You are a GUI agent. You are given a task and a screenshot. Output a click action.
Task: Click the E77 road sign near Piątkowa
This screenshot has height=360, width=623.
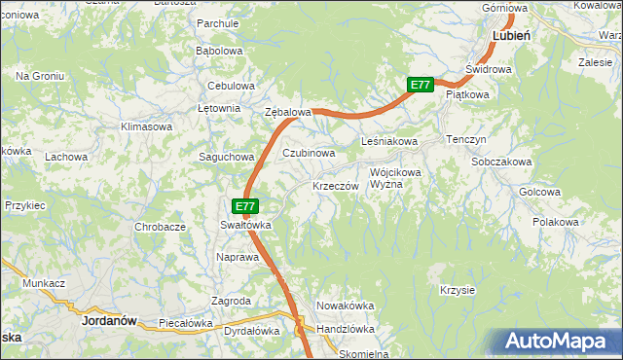click(x=420, y=86)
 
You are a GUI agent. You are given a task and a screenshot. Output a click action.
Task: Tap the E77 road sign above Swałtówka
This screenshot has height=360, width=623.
click(x=245, y=206)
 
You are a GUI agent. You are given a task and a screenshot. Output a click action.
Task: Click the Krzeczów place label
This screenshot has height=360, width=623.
click(x=335, y=185)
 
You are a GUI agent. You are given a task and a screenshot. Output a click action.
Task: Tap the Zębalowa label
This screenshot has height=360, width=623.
click(x=288, y=113)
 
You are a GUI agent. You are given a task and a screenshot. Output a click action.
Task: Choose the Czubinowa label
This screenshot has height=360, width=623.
click(x=309, y=153)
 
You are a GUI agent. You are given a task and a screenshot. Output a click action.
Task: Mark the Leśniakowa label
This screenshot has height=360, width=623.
click(x=389, y=142)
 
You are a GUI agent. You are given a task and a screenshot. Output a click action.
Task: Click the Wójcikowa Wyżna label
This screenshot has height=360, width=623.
click(x=395, y=178)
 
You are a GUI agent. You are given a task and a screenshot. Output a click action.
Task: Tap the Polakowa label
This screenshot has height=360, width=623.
click(x=556, y=223)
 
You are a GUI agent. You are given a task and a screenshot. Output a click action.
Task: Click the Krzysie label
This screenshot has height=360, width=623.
click(x=457, y=290)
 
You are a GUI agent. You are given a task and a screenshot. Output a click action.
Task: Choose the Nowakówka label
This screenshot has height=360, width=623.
click(x=346, y=306)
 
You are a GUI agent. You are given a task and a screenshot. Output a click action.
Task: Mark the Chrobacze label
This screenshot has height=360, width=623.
click(x=161, y=227)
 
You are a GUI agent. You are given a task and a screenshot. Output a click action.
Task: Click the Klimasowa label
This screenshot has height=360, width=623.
click(x=146, y=126)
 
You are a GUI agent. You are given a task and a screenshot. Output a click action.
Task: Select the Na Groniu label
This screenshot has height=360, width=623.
click(x=40, y=75)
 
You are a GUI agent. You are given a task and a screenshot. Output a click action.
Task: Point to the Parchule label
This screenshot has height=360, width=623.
click(x=218, y=22)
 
